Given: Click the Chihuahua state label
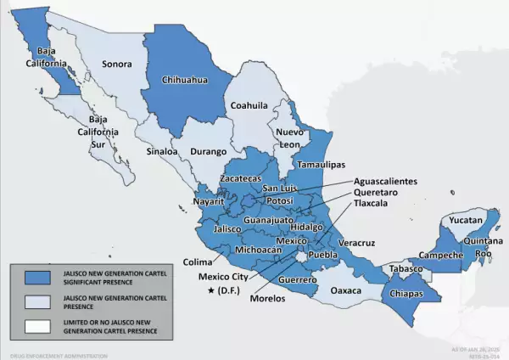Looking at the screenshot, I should click(185, 82).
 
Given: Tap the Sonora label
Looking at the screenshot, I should click(116, 64).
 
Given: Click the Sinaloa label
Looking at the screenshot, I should click(163, 152).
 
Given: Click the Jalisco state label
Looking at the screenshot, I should click(228, 229).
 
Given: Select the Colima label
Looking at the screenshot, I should click(197, 262).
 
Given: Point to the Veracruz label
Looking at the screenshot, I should click(357, 243).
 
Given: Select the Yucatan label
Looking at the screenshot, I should click(465, 220).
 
